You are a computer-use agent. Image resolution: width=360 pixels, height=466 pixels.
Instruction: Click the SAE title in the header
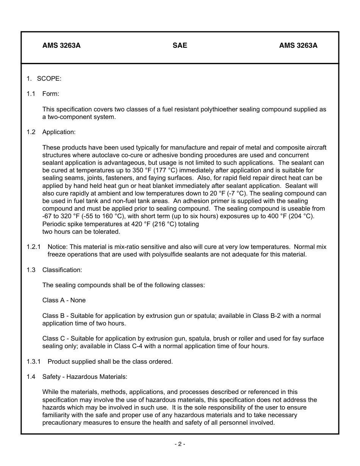(x=180, y=46)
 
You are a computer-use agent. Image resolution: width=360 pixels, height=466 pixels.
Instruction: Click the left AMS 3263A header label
(x=61, y=46)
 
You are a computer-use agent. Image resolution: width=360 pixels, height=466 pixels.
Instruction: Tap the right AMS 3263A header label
(x=298, y=46)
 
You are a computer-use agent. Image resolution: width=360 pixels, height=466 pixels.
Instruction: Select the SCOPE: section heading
(x=49, y=78)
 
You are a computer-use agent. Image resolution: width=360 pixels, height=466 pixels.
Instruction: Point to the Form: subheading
(x=50, y=94)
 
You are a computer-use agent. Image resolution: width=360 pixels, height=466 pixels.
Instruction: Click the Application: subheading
(x=59, y=132)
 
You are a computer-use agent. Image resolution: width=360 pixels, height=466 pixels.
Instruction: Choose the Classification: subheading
(x=62, y=270)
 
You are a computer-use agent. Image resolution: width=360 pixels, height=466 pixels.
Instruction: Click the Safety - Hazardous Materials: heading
(x=85, y=377)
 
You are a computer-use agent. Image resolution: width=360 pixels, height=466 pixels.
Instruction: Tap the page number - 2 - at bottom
(x=180, y=444)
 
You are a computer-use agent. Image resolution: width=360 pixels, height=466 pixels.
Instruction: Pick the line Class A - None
(x=64, y=300)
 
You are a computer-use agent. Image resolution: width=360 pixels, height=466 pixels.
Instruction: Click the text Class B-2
(x=266, y=316)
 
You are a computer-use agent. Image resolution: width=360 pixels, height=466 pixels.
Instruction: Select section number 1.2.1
(x=33, y=247)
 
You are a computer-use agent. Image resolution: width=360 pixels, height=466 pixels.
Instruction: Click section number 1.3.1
(x=33, y=361)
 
